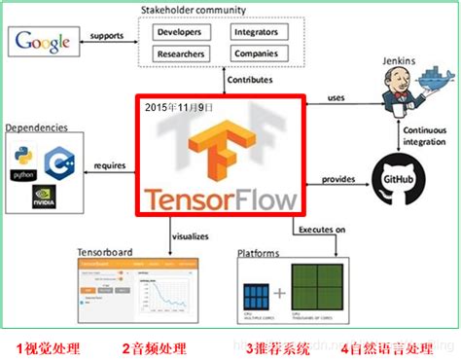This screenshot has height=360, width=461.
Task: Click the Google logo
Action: click(41, 43)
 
